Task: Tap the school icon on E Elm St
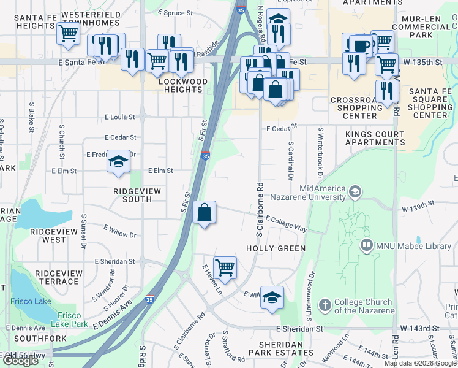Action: [x=118, y=162]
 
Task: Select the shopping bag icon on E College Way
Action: [x=205, y=213]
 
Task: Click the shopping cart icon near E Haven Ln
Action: [x=225, y=267]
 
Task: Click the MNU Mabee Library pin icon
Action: [x=367, y=246]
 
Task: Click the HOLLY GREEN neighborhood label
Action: [x=276, y=248]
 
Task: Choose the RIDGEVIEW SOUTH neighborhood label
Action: [x=137, y=195]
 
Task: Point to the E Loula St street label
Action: [x=120, y=116]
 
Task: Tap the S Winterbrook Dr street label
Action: [x=319, y=150]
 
